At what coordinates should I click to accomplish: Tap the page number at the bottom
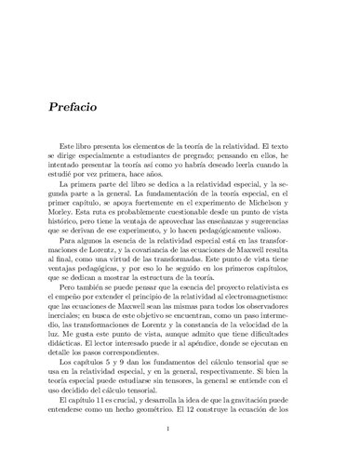tap(180, 455)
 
